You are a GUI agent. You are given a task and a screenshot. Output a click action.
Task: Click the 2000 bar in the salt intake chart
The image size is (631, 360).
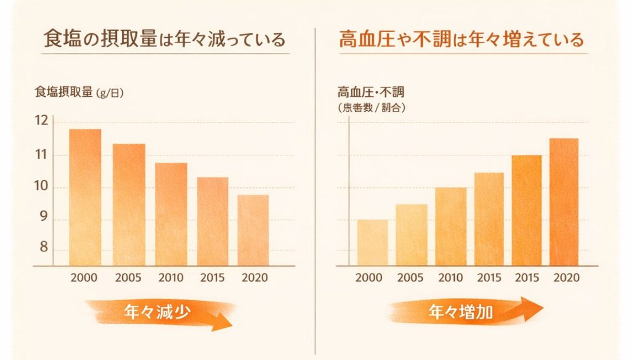click(x=84, y=197)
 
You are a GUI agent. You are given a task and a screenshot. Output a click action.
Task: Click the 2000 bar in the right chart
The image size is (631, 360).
click(x=373, y=243)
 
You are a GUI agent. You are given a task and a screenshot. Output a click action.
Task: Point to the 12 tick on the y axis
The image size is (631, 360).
click(x=41, y=121)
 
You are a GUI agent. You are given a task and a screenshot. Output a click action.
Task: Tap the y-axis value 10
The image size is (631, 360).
click(x=41, y=187)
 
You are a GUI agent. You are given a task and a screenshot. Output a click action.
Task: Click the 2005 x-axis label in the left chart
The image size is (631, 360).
click(x=128, y=277)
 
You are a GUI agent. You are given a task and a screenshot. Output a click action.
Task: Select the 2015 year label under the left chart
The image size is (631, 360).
click(x=212, y=277)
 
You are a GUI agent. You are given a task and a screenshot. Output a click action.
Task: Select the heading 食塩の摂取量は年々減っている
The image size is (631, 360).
click(x=165, y=41)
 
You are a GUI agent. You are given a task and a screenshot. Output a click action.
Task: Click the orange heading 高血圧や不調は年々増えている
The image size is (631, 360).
click(x=461, y=41)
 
